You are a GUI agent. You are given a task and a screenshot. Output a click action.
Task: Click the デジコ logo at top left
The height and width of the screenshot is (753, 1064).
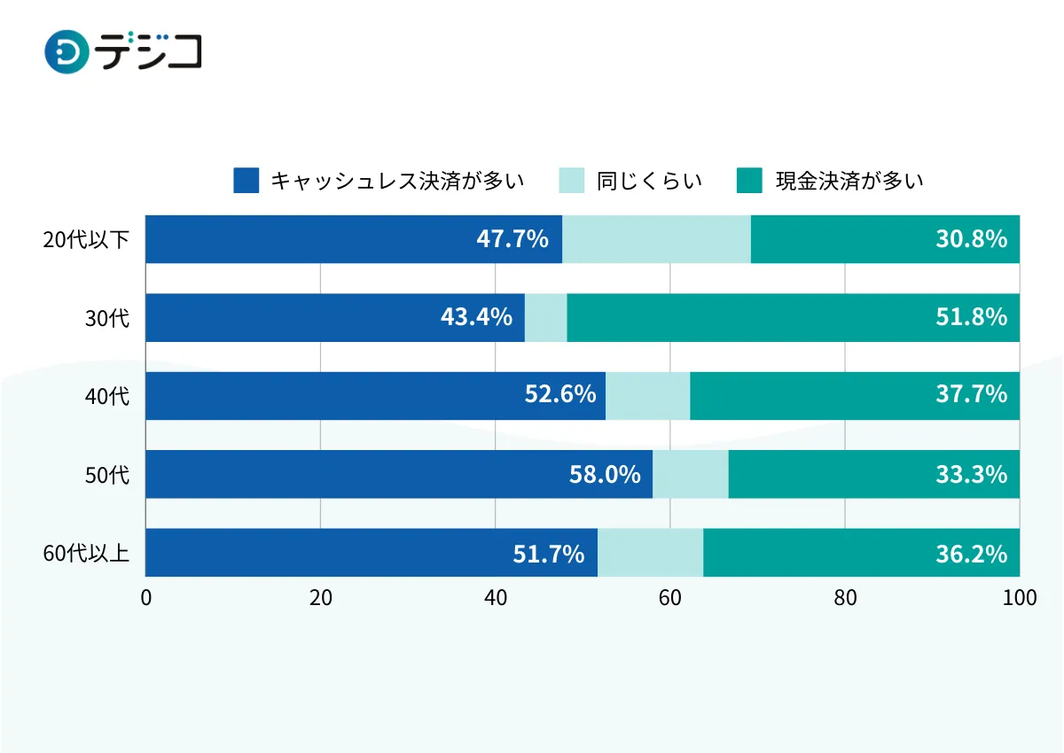coord(123,52)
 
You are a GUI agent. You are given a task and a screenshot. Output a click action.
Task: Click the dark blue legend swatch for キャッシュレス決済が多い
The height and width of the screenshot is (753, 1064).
coord(246,181)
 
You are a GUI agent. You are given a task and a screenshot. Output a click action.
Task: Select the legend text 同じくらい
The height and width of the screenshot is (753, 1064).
coord(649,181)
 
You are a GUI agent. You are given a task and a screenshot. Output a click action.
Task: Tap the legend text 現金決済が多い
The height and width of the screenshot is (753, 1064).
coord(849,181)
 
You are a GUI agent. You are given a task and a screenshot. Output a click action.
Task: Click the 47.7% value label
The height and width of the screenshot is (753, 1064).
coord(512,239)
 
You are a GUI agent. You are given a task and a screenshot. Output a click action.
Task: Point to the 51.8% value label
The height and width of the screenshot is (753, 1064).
coord(971,317)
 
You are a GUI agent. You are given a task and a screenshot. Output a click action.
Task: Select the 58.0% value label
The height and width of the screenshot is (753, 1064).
coord(605,474)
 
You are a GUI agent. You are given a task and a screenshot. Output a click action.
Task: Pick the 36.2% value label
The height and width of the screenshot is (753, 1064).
coord(971,553)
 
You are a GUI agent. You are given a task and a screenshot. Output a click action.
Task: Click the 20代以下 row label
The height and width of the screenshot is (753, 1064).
coord(86,240)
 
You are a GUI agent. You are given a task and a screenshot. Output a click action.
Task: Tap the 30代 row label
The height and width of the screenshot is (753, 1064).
coord(107,318)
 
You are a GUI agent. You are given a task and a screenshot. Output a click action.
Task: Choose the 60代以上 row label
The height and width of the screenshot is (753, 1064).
coord(86,554)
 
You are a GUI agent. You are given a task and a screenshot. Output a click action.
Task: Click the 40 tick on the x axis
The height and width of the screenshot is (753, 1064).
coord(495,598)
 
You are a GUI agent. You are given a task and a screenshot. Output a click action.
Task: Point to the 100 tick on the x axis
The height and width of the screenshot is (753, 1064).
coord(1019,598)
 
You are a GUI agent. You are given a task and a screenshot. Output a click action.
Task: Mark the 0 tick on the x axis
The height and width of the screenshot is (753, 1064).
coord(146,598)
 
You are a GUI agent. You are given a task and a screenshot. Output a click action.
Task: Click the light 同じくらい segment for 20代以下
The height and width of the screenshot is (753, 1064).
coord(656,239)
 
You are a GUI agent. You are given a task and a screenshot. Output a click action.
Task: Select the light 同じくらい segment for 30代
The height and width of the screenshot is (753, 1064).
coord(545,317)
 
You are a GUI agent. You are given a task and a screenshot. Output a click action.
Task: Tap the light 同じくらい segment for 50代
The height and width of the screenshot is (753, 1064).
coord(690,474)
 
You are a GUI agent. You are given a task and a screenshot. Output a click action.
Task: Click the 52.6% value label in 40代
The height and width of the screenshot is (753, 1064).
coord(560,395)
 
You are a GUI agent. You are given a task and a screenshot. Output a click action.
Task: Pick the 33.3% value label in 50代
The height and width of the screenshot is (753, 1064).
coord(971,474)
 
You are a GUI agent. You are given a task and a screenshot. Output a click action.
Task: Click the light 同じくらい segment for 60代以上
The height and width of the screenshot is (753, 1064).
coord(650,553)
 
